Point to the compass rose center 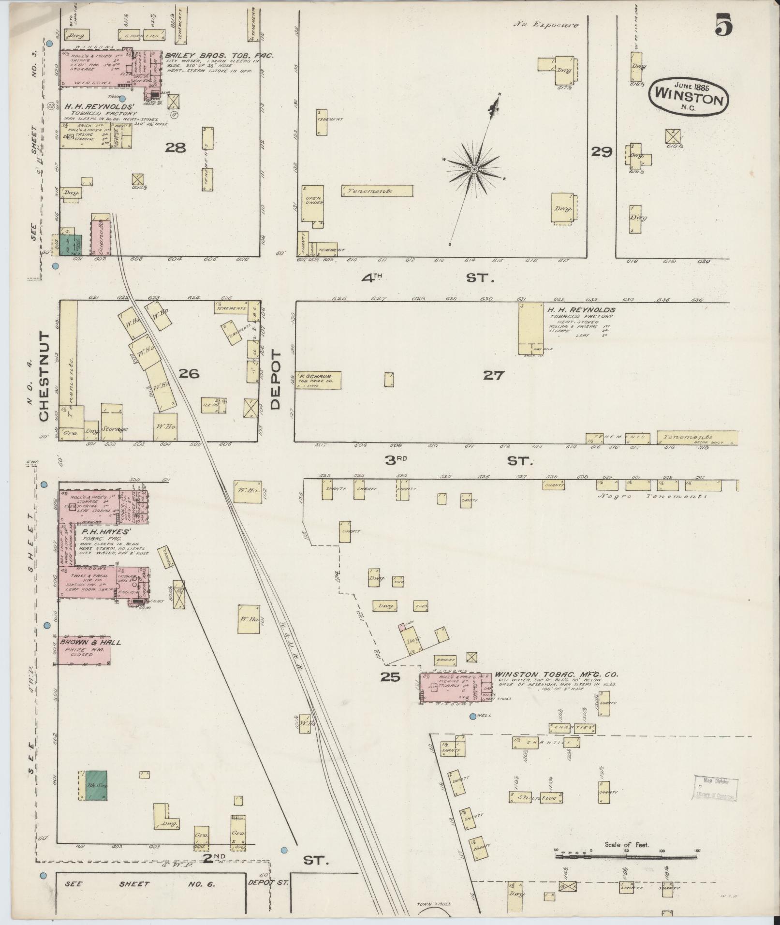pos(475,169)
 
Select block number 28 pos(176,148)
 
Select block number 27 pos(493,375)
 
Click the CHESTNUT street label pos(44,376)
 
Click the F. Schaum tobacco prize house pos(318,380)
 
